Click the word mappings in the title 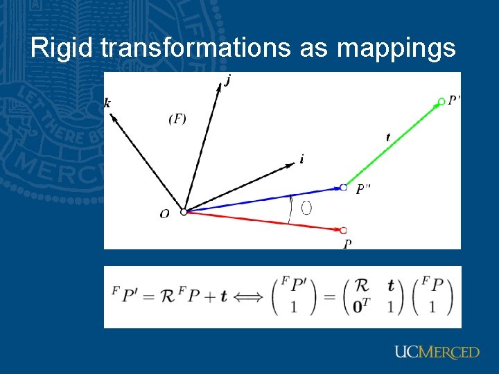397,48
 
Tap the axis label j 229,81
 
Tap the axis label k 107,103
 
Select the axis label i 301,159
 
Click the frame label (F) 177,119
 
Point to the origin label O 164,215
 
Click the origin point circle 184,212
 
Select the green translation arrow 392,145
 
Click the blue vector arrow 263,199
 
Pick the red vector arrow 263,221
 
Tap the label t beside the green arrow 388,138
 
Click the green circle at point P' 441,102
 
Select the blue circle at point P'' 343,187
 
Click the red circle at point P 343,230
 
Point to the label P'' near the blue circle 363,189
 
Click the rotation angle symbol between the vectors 306,208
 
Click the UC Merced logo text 437,352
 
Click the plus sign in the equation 207,296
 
